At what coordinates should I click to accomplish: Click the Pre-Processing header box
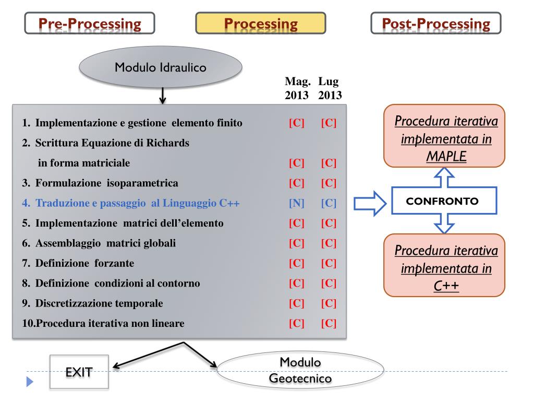90,23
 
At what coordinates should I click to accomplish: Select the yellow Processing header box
261,23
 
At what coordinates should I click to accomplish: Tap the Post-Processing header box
436,23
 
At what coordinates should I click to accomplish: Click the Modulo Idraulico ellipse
161,67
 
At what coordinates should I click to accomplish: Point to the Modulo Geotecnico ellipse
300,370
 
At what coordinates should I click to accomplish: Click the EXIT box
79,372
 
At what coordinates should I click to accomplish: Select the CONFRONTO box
444,201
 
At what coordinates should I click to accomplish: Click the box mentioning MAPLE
444,136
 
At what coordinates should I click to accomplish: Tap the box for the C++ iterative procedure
444,265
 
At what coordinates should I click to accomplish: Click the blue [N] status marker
297,203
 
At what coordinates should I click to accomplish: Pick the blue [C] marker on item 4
329,203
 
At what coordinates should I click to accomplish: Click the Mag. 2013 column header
297,88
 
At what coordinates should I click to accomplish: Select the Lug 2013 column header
330,88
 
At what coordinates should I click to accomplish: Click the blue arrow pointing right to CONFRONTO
370,204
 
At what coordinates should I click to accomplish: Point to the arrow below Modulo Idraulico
163,96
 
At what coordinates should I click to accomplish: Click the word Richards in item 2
167,143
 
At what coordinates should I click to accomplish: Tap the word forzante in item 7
114,263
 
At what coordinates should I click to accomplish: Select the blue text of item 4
131,203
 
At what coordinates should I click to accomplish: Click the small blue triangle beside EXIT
30,382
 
